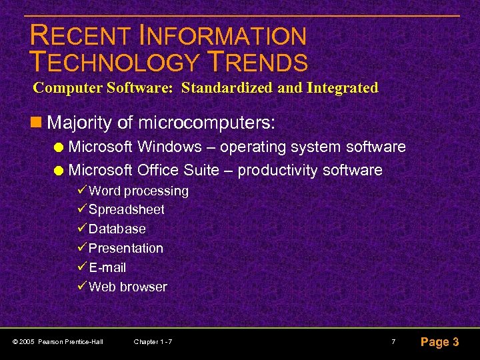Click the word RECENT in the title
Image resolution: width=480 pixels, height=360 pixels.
click(x=73, y=36)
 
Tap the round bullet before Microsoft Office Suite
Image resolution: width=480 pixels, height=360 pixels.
click(x=60, y=171)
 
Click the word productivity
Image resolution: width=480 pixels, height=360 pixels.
click(x=276, y=171)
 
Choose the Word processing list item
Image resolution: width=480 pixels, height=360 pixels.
click(x=139, y=191)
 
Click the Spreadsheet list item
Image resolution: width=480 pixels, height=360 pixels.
click(x=127, y=209)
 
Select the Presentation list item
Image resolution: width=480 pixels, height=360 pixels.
click(x=126, y=248)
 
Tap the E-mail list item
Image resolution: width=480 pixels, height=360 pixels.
click(x=107, y=267)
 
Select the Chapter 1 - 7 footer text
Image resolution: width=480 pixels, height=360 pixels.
click(x=153, y=342)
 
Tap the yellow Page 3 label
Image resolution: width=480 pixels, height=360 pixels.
click(x=439, y=342)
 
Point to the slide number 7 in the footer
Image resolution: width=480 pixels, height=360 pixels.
click(x=393, y=342)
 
